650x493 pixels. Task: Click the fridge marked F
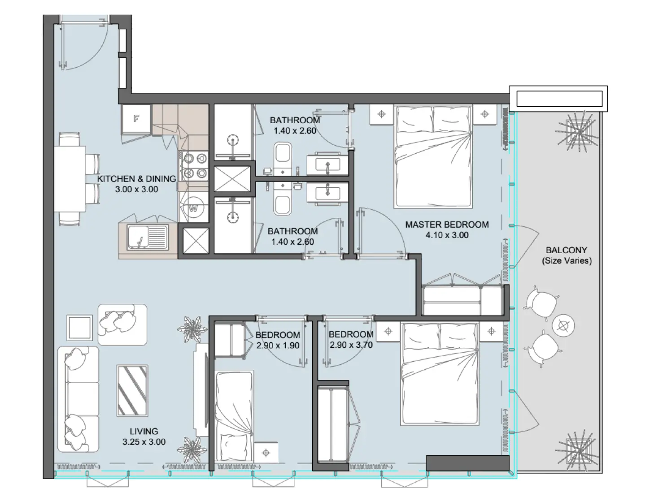click(x=136, y=119)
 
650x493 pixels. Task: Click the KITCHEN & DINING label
click(x=136, y=178)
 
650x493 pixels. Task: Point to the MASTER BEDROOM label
click(x=447, y=225)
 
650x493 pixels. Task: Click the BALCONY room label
click(x=566, y=250)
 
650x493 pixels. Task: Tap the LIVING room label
click(x=144, y=431)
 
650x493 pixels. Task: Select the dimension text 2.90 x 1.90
click(x=278, y=346)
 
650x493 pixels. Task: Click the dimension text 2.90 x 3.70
click(x=351, y=345)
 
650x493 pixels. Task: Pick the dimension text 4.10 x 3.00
click(x=447, y=235)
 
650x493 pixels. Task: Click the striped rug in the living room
click(x=132, y=390)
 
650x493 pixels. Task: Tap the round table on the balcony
click(x=563, y=325)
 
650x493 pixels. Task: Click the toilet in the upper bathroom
click(x=283, y=155)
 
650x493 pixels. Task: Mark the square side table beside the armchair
click(x=80, y=328)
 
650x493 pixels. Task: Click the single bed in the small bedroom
click(x=234, y=415)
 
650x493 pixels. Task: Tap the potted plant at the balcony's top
click(x=578, y=130)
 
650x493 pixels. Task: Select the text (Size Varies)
click(x=567, y=261)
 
